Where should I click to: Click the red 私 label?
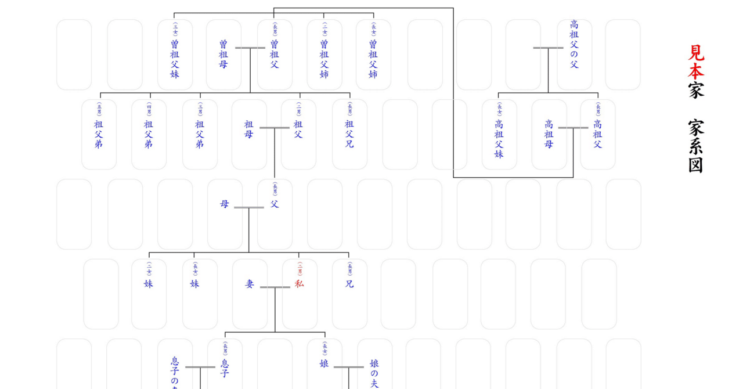tap(299, 284)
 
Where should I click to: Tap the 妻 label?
tap(250, 284)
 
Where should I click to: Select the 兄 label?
tap(349, 284)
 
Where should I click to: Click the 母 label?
tap(225, 204)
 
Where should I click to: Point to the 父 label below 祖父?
tap(275, 204)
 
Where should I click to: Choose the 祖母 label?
tap(249, 134)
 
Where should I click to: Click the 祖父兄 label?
tap(349, 134)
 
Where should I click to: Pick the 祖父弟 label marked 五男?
tap(99, 134)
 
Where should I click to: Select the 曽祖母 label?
tap(223, 54)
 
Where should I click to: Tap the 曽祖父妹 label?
tap(175, 59)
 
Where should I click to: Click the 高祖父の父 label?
tap(574, 44)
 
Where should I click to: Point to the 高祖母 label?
tap(549, 134)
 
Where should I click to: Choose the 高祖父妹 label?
tap(499, 139)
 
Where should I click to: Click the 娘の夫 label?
tap(374, 374)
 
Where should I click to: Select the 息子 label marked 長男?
tap(225, 368)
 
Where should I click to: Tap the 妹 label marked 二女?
tap(149, 284)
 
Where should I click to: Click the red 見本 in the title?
tap(697, 62)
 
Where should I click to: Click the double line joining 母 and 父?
tap(249, 207)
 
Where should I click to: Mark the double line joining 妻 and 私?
tap(275, 287)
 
